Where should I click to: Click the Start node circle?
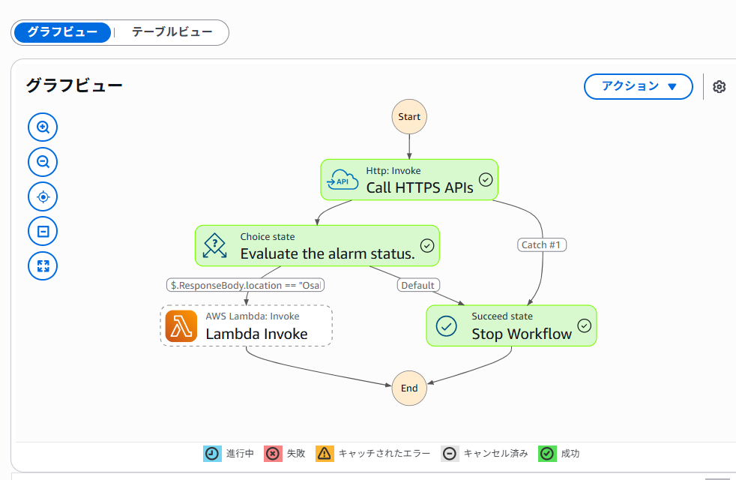click(409, 117)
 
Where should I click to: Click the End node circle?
click(409, 388)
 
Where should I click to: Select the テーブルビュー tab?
click(172, 32)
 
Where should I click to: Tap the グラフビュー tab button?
click(62, 32)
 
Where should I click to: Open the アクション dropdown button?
click(638, 86)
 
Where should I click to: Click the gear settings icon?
click(720, 86)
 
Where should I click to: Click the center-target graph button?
click(43, 197)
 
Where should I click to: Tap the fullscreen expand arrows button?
click(43, 265)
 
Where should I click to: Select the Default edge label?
click(418, 285)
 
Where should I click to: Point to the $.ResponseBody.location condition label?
click(247, 285)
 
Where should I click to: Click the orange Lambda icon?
click(181, 325)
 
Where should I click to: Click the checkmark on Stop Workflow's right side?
click(585, 325)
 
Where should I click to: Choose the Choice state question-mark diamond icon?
click(215, 245)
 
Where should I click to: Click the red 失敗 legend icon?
click(273, 453)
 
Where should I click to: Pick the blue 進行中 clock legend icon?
click(212, 453)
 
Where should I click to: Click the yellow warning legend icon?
click(325, 453)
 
